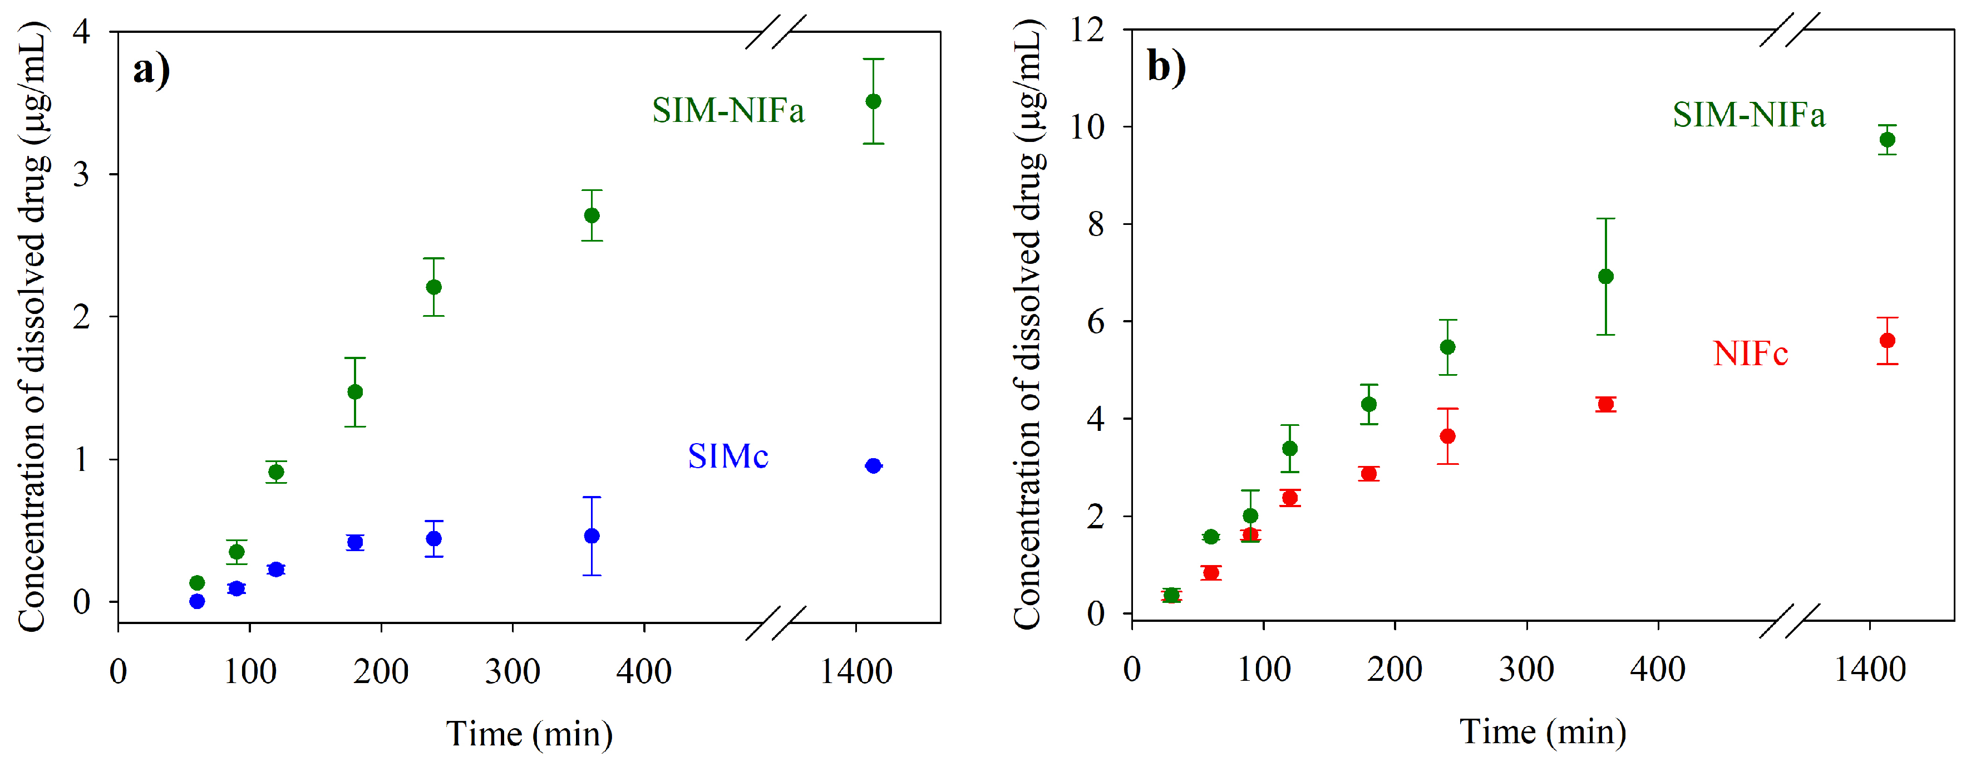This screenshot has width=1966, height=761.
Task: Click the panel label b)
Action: [1166, 67]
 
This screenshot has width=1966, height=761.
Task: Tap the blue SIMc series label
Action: [727, 456]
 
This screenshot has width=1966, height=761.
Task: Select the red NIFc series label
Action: [1750, 354]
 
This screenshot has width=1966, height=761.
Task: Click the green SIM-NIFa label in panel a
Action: [727, 111]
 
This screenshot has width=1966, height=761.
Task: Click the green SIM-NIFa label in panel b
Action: [1748, 115]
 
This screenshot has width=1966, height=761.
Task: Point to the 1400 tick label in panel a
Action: [855, 672]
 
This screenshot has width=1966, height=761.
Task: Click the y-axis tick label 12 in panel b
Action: [1087, 31]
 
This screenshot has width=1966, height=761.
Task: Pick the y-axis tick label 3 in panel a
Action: [82, 174]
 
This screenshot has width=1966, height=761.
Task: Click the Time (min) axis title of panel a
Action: [529, 734]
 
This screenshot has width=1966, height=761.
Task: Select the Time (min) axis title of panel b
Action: [1543, 732]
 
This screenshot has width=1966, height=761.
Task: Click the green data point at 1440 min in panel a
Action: [873, 101]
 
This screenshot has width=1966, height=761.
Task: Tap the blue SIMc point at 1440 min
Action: [873, 465]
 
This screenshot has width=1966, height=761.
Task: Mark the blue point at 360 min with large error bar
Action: [592, 536]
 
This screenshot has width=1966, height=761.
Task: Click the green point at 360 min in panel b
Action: [1606, 276]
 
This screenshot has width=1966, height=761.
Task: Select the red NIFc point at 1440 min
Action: [1886, 341]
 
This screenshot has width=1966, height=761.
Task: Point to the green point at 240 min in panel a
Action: [433, 287]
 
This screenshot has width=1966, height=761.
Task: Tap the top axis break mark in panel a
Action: [775, 32]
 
